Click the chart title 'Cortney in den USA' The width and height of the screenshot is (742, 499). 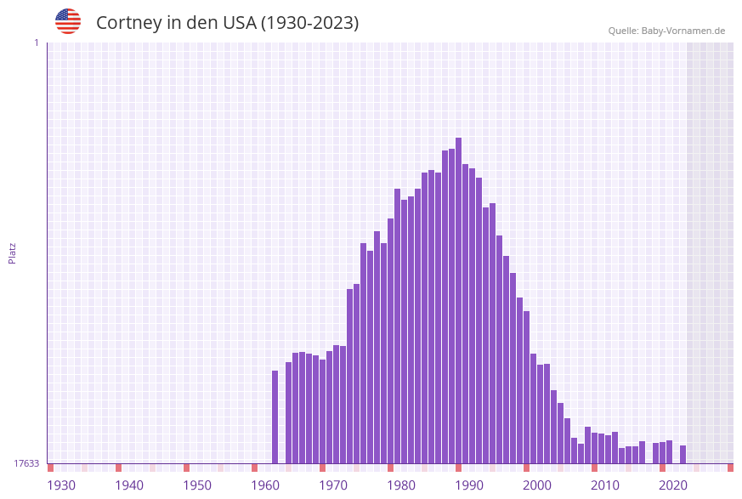click(227, 23)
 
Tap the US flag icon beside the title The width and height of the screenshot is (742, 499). click(68, 21)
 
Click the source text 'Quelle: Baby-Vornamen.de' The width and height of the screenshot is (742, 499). click(666, 31)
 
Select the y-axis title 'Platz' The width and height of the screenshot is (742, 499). click(13, 252)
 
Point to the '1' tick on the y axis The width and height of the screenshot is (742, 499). click(36, 43)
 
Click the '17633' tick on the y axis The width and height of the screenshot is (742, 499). click(26, 463)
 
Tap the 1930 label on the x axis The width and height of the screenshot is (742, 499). click(61, 485)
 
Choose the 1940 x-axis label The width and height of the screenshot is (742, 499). click(129, 485)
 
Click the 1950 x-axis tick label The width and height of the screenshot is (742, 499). click(197, 485)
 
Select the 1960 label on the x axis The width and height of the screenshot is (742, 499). click(265, 485)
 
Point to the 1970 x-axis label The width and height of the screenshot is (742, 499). click(333, 485)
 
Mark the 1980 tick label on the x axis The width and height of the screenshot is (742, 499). click(401, 485)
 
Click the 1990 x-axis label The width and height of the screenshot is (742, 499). click(469, 485)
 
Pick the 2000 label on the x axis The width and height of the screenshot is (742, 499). click(537, 485)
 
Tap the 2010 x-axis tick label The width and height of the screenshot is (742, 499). click(605, 485)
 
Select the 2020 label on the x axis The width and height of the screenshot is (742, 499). click(673, 485)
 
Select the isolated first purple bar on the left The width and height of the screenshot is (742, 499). click(275, 417)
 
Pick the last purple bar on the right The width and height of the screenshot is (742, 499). click(683, 454)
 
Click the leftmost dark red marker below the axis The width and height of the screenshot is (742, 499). click(50, 468)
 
